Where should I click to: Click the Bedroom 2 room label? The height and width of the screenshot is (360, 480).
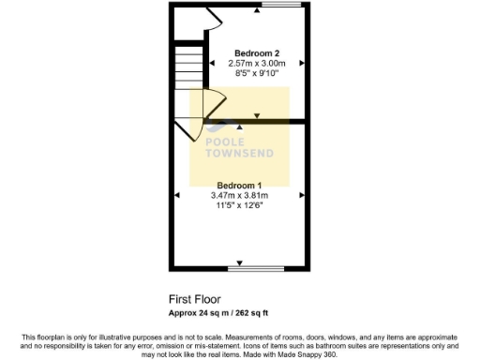[257, 52]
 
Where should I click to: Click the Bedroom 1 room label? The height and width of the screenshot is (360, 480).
[240, 184]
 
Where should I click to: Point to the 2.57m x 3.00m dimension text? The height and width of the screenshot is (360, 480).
[257, 62]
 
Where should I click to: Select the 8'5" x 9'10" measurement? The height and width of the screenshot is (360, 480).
[257, 72]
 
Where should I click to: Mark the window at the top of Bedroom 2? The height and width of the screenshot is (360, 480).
[275, 6]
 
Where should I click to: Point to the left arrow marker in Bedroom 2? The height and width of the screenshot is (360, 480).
[212, 63]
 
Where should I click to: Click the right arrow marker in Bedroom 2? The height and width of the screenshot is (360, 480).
[302, 63]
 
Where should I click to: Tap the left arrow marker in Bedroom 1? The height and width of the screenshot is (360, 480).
[177, 194]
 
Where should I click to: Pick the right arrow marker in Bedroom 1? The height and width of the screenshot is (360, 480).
[302, 194]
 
